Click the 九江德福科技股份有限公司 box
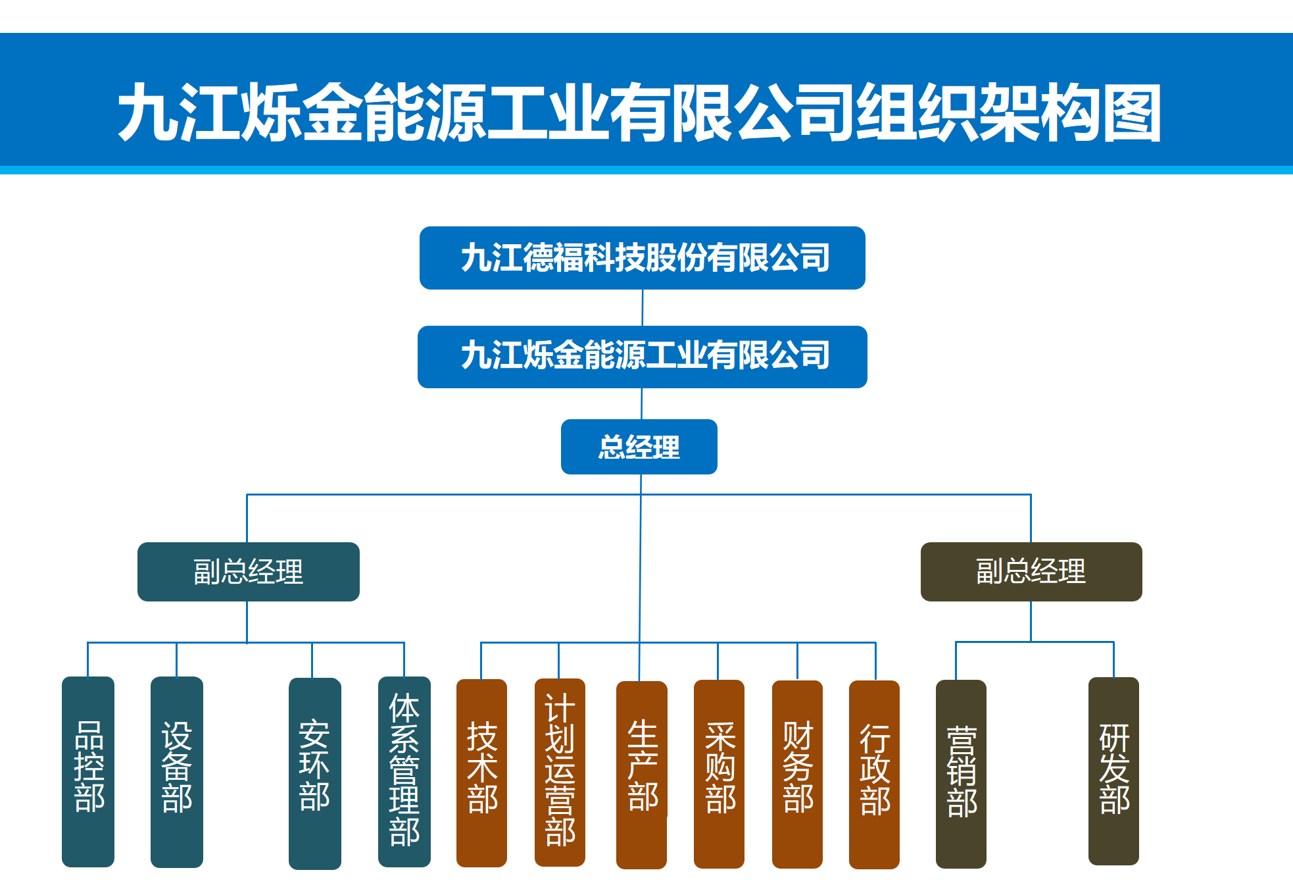click(x=642, y=258)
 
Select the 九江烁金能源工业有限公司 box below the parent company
click(x=642, y=357)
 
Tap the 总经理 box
click(x=639, y=447)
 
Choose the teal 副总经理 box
click(x=248, y=571)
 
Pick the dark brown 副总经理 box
click(x=1031, y=571)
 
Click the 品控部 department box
click(x=88, y=771)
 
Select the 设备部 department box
click(x=176, y=771)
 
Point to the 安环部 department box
click(x=314, y=773)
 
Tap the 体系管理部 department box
click(x=404, y=771)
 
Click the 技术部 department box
click(x=481, y=773)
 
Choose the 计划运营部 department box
click(x=560, y=772)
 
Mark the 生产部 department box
click(x=641, y=774)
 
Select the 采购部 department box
click(x=719, y=773)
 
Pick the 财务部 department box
click(x=797, y=773)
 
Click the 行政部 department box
click(x=874, y=774)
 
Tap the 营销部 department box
click(x=961, y=773)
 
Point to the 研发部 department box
click(x=1113, y=771)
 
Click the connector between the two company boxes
click(x=643, y=307)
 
